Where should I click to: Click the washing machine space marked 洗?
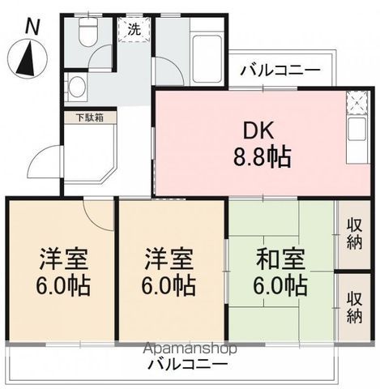pyautogui.click(x=134, y=29)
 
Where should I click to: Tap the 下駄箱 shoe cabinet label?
pyautogui.click(x=90, y=118)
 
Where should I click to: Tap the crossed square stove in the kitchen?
pyautogui.click(x=357, y=103)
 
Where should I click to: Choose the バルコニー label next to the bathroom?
pyautogui.click(x=280, y=70)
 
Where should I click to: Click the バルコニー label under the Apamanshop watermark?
pyautogui.click(x=186, y=365)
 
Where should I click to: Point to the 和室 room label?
pyautogui.click(x=281, y=261)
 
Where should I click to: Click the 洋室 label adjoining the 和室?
pyautogui.click(x=170, y=261)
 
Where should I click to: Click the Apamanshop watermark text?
pyautogui.click(x=190, y=349)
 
